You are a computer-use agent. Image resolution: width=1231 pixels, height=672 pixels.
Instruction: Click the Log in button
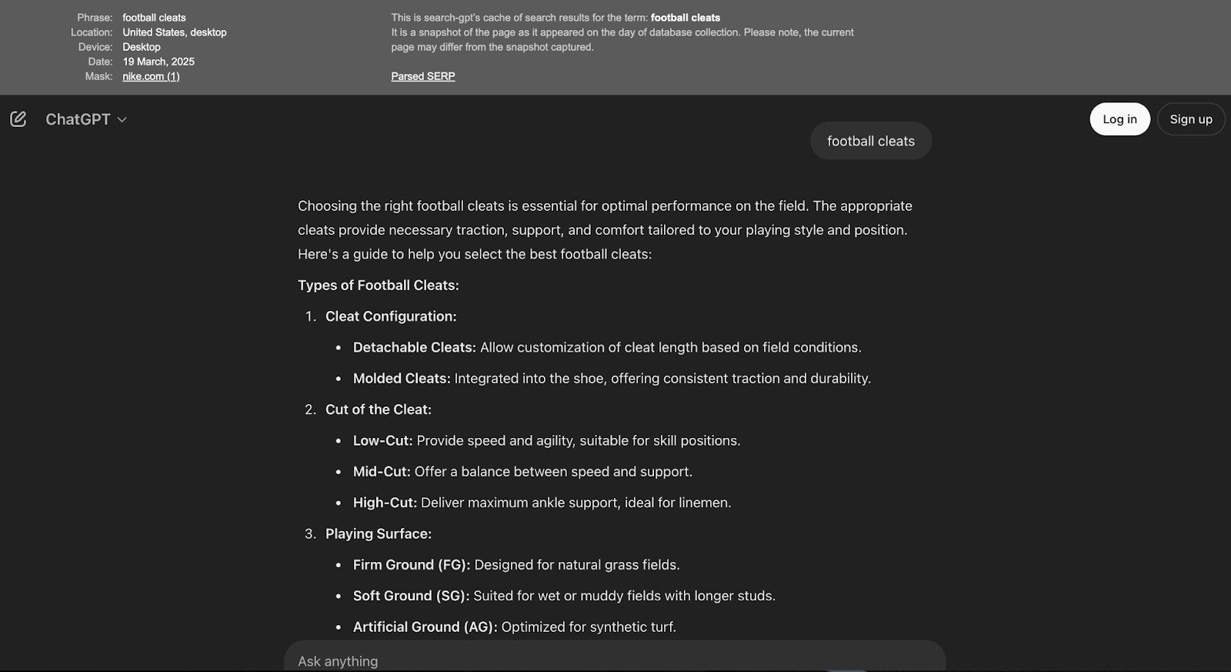tap(1119, 119)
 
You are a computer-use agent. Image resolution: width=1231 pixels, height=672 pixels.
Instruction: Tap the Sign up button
tap(1190, 119)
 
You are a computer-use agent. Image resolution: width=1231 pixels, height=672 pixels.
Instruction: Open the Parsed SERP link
tap(422, 76)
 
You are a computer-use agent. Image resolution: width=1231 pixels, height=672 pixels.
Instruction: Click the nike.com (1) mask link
tap(151, 76)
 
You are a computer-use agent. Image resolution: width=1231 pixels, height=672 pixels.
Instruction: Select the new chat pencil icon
tap(18, 119)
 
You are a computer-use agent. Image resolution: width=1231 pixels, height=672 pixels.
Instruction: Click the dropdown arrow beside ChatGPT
tap(122, 120)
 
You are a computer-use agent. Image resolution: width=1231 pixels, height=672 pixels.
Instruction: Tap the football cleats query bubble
tap(870, 141)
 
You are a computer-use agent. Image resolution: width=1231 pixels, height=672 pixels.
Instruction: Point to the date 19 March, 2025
tap(158, 62)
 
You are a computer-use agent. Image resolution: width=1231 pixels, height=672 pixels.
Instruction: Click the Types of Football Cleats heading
tap(378, 285)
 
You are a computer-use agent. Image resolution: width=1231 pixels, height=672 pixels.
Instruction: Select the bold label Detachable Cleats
tap(414, 347)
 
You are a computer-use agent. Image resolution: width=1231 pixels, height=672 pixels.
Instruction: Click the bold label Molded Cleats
tap(401, 379)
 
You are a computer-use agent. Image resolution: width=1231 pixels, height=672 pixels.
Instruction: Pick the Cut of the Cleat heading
tap(378, 410)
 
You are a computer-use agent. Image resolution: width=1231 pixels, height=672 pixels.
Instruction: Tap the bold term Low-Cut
tap(382, 440)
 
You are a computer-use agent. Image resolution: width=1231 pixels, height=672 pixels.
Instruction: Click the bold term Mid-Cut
tap(382, 472)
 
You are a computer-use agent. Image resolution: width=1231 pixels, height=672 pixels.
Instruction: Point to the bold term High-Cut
tap(385, 503)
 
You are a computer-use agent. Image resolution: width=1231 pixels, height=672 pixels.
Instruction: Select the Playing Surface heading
tap(378, 533)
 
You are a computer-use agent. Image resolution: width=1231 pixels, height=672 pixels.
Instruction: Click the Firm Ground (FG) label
tap(411, 565)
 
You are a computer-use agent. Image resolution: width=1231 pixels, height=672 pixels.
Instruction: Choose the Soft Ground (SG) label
tap(411, 596)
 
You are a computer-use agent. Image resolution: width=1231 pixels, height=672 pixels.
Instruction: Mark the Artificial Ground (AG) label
tap(425, 627)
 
